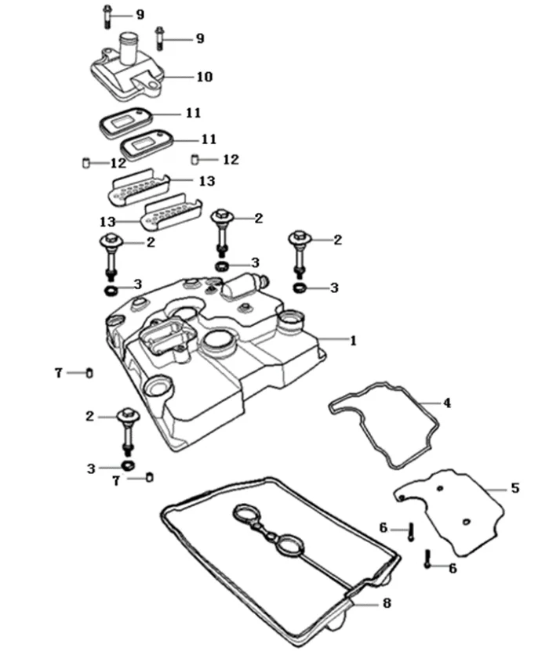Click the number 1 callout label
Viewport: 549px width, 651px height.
point(353,341)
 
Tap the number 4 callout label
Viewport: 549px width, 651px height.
point(446,403)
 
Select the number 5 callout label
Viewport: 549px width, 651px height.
point(514,488)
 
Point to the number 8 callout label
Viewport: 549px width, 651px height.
point(386,603)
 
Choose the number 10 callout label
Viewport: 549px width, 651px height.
point(205,77)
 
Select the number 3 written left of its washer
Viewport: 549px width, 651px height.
point(91,468)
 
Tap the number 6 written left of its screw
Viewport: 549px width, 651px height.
point(384,528)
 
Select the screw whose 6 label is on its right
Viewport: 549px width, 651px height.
point(428,559)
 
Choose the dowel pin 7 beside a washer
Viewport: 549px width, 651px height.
point(150,477)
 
